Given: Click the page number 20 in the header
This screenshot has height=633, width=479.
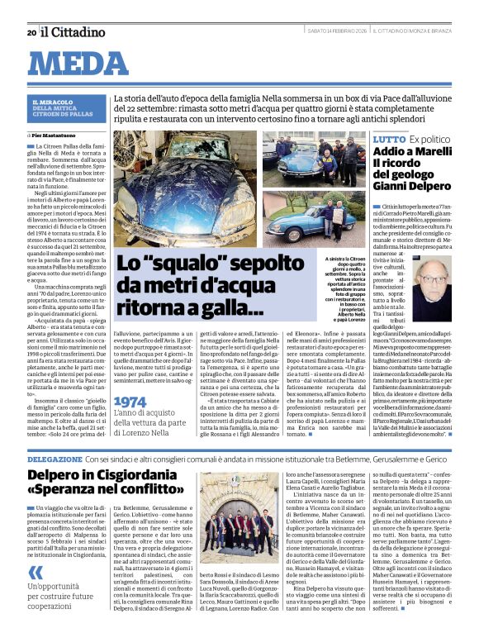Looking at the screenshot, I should [x=31, y=32].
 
